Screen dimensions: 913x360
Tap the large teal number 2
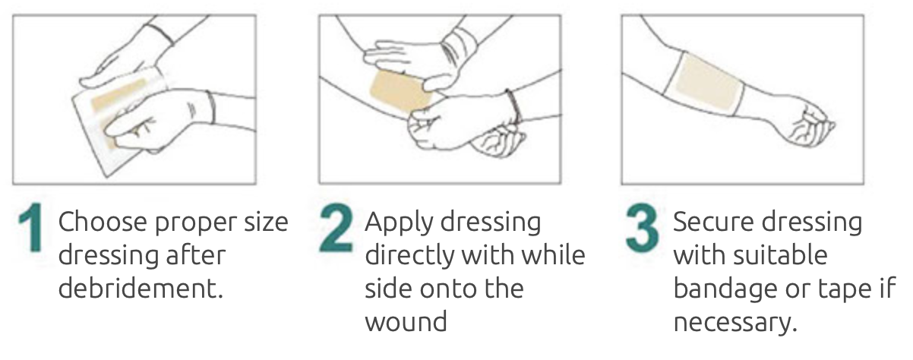tap(336, 228)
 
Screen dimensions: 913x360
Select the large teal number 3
tap(642, 228)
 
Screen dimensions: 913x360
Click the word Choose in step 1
tap(103, 222)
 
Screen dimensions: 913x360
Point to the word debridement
tap(141, 289)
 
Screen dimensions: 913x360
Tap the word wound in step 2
tap(406, 322)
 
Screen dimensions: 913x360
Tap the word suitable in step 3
tap(780, 255)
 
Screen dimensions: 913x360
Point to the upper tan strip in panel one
tap(118, 94)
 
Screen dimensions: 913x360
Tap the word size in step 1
tap(266, 223)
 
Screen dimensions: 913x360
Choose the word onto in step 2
tap(447, 289)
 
